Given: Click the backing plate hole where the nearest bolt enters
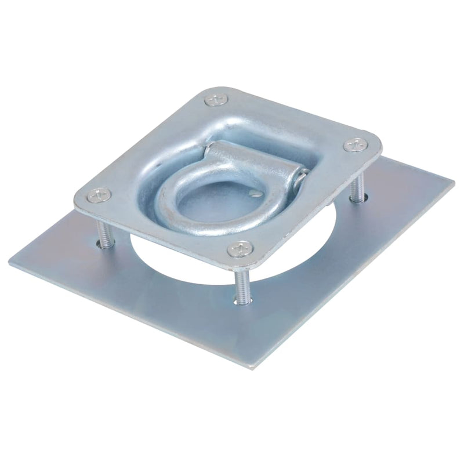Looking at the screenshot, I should click(x=239, y=300).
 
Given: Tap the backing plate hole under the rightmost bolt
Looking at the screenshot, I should click(x=356, y=200).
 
